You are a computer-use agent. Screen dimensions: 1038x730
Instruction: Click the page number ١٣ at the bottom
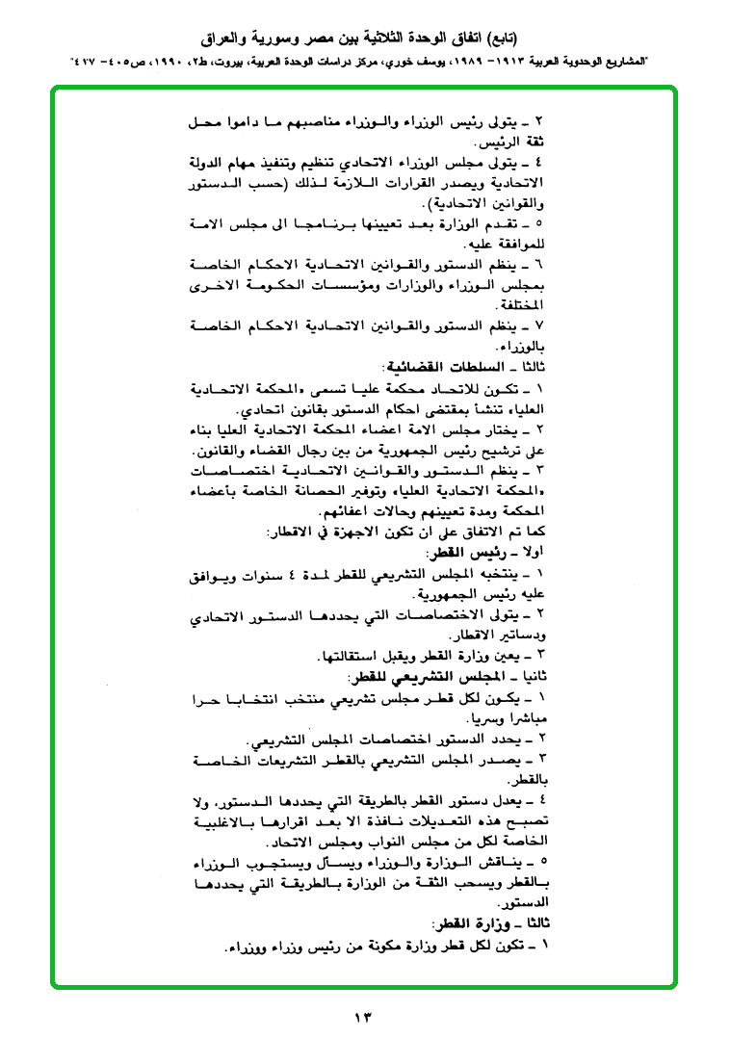tap(364, 1017)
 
